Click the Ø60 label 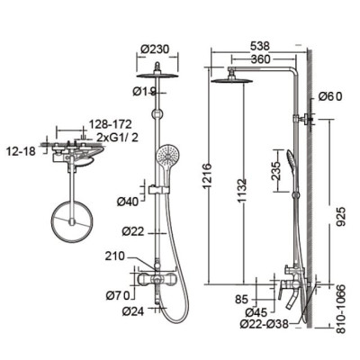tap(328, 98)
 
